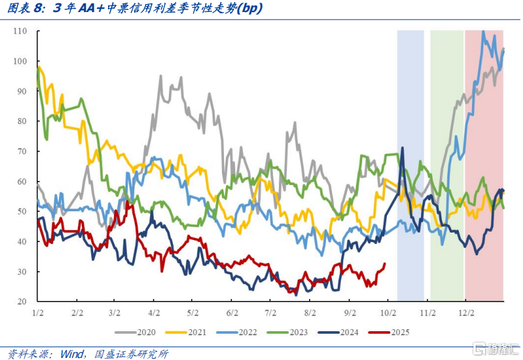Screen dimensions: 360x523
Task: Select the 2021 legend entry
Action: click(x=190, y=331)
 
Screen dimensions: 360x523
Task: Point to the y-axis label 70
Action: click(x=21, y=152)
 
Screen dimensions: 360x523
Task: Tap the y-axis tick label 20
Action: click(x=21, y=302)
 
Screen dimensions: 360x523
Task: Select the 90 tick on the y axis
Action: click(x=21, y=91)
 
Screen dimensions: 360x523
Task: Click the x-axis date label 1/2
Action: click(x=38, y=313)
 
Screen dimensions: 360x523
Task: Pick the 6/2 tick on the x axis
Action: click(x=233, y=313)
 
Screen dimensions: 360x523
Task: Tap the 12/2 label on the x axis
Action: click(x=466, y=313)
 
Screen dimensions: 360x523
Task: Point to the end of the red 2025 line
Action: click(x=385, y=263)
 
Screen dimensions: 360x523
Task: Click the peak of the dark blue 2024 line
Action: click(x=402, y=147)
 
